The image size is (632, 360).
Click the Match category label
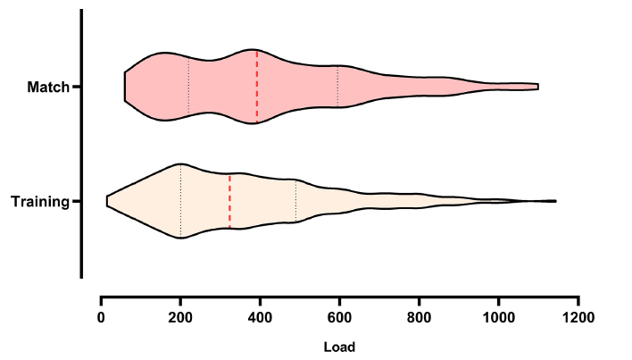pyautogui.click(x=48, y=87)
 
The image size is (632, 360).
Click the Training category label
pyautogui.click(x=40, y=202)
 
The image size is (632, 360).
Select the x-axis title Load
pyautogui.click(x=339, y=346)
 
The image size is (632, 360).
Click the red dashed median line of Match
pyautogui.click(x=257, y=87)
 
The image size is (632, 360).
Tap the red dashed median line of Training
pyautogui.click(x=229, y=201)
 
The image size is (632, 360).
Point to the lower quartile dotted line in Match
pyautogui.click(x=189, y=87)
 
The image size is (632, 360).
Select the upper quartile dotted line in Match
pyautogui.click(x=337, y=87)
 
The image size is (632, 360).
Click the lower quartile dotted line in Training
pyautogui.click(x=181, y=201)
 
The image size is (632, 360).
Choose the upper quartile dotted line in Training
pyautogui.click(x=295, y=201)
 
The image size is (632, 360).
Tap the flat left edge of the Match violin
pyautogui.click(x=125, y=87)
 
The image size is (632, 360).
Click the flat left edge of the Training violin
pyautogui.click(x=107, y=201)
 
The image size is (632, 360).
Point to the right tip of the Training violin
pyautogui.click(x=555, y=201)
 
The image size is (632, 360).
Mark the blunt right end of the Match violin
pyautogui.click(x=537, y=87)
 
